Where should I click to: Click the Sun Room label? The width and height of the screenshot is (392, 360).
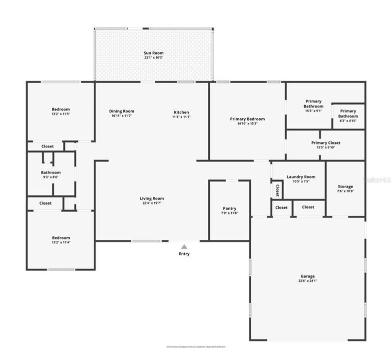click(x=154, y=53)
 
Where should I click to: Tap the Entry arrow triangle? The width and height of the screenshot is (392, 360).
click(x=184, y=246)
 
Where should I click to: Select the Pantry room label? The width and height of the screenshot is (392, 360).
click(x=230, y=208)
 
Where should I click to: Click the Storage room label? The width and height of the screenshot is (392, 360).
click(x=345, y=186)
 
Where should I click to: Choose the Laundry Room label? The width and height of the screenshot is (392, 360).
click(x=301, y=176)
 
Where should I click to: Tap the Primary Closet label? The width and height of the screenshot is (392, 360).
click(x=326, y=142)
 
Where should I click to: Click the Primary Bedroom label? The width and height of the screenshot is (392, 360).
click(x=247, y=119)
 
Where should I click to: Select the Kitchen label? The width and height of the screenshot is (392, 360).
click(x=181, y=112)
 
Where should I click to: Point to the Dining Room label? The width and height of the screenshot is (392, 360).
click(x=122, y=111)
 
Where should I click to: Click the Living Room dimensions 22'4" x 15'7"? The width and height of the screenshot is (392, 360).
click(x=152, y=203)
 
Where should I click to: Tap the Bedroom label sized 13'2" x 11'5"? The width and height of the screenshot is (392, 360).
click(x=61, y=109)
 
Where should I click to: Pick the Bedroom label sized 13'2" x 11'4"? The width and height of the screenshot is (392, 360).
click(x=61, y=237)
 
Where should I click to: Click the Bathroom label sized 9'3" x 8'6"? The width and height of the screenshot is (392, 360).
click(x=51, y=172)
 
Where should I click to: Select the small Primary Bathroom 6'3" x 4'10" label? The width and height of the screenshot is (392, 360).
click(x=348, y=111)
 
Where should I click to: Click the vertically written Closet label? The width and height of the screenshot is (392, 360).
click(x=277, y=190)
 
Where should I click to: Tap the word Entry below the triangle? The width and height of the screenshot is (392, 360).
click(x=184, y=254)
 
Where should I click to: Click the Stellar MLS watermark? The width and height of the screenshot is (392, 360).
click(x=378, y=178)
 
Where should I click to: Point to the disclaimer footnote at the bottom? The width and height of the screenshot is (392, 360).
click(x=196, y=346)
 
